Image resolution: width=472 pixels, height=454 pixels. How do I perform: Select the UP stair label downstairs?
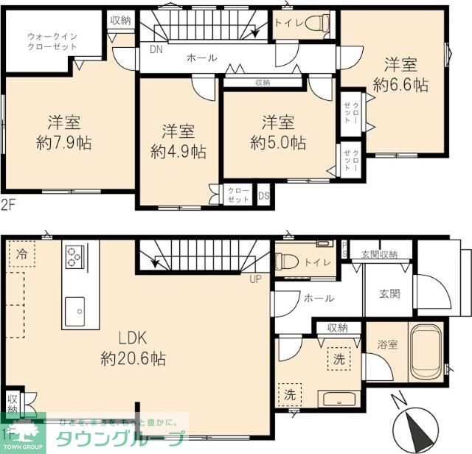tap(256, 279)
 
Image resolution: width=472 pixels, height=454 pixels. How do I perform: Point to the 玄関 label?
tap(390, 293)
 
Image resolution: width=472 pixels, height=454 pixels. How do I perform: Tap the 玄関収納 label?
tap(380, 254)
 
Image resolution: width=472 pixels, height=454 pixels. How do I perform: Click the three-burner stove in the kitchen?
tap(74, 257)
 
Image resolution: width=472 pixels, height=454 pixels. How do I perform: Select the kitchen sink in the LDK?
tap(76, 310)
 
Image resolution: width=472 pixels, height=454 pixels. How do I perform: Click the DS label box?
tap(264, 196)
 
